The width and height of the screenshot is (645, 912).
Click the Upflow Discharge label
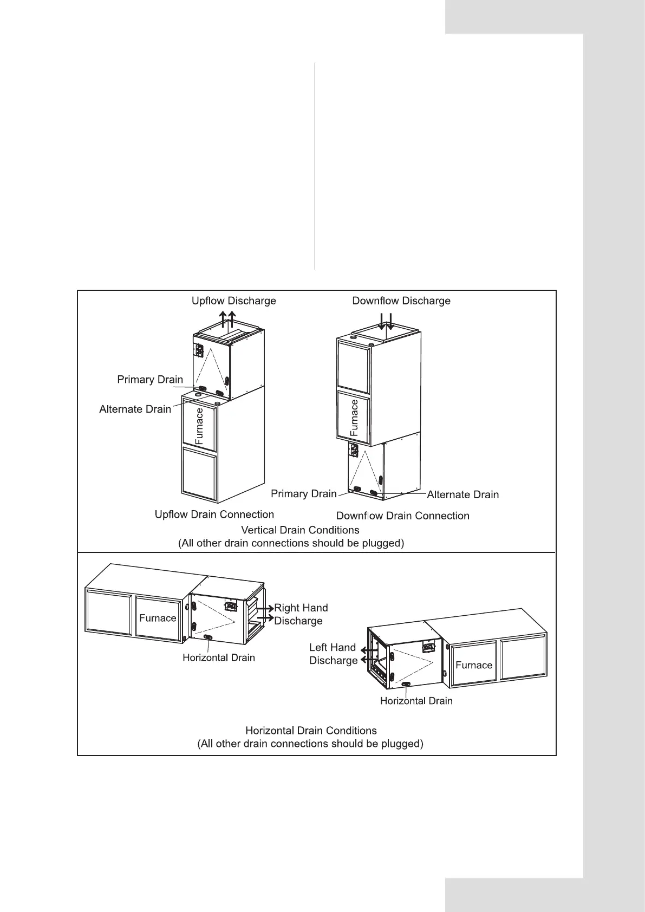233,301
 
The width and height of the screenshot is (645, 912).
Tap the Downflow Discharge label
401,301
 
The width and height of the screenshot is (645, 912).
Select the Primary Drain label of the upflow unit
150,380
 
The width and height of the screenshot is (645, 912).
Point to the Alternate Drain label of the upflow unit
135,409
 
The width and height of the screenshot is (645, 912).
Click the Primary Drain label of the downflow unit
303,493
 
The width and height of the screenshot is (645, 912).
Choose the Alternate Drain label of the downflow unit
462,494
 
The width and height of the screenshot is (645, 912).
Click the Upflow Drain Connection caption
214,514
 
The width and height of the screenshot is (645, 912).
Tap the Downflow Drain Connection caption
402,516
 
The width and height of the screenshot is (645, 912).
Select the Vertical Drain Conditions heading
299,530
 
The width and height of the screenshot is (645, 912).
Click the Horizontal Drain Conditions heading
311,731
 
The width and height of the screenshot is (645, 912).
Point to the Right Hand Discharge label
301,614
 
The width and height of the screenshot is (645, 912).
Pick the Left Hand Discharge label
333,654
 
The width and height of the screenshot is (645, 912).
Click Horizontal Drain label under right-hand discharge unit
218,657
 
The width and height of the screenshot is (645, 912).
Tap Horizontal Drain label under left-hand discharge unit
416,701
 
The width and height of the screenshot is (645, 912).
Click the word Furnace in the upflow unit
199,426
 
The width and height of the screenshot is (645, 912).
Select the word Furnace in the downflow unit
354,418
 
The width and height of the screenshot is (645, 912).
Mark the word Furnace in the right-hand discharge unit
158,618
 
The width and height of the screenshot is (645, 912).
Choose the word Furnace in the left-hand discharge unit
474,665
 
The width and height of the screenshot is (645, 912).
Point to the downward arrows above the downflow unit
386,321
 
